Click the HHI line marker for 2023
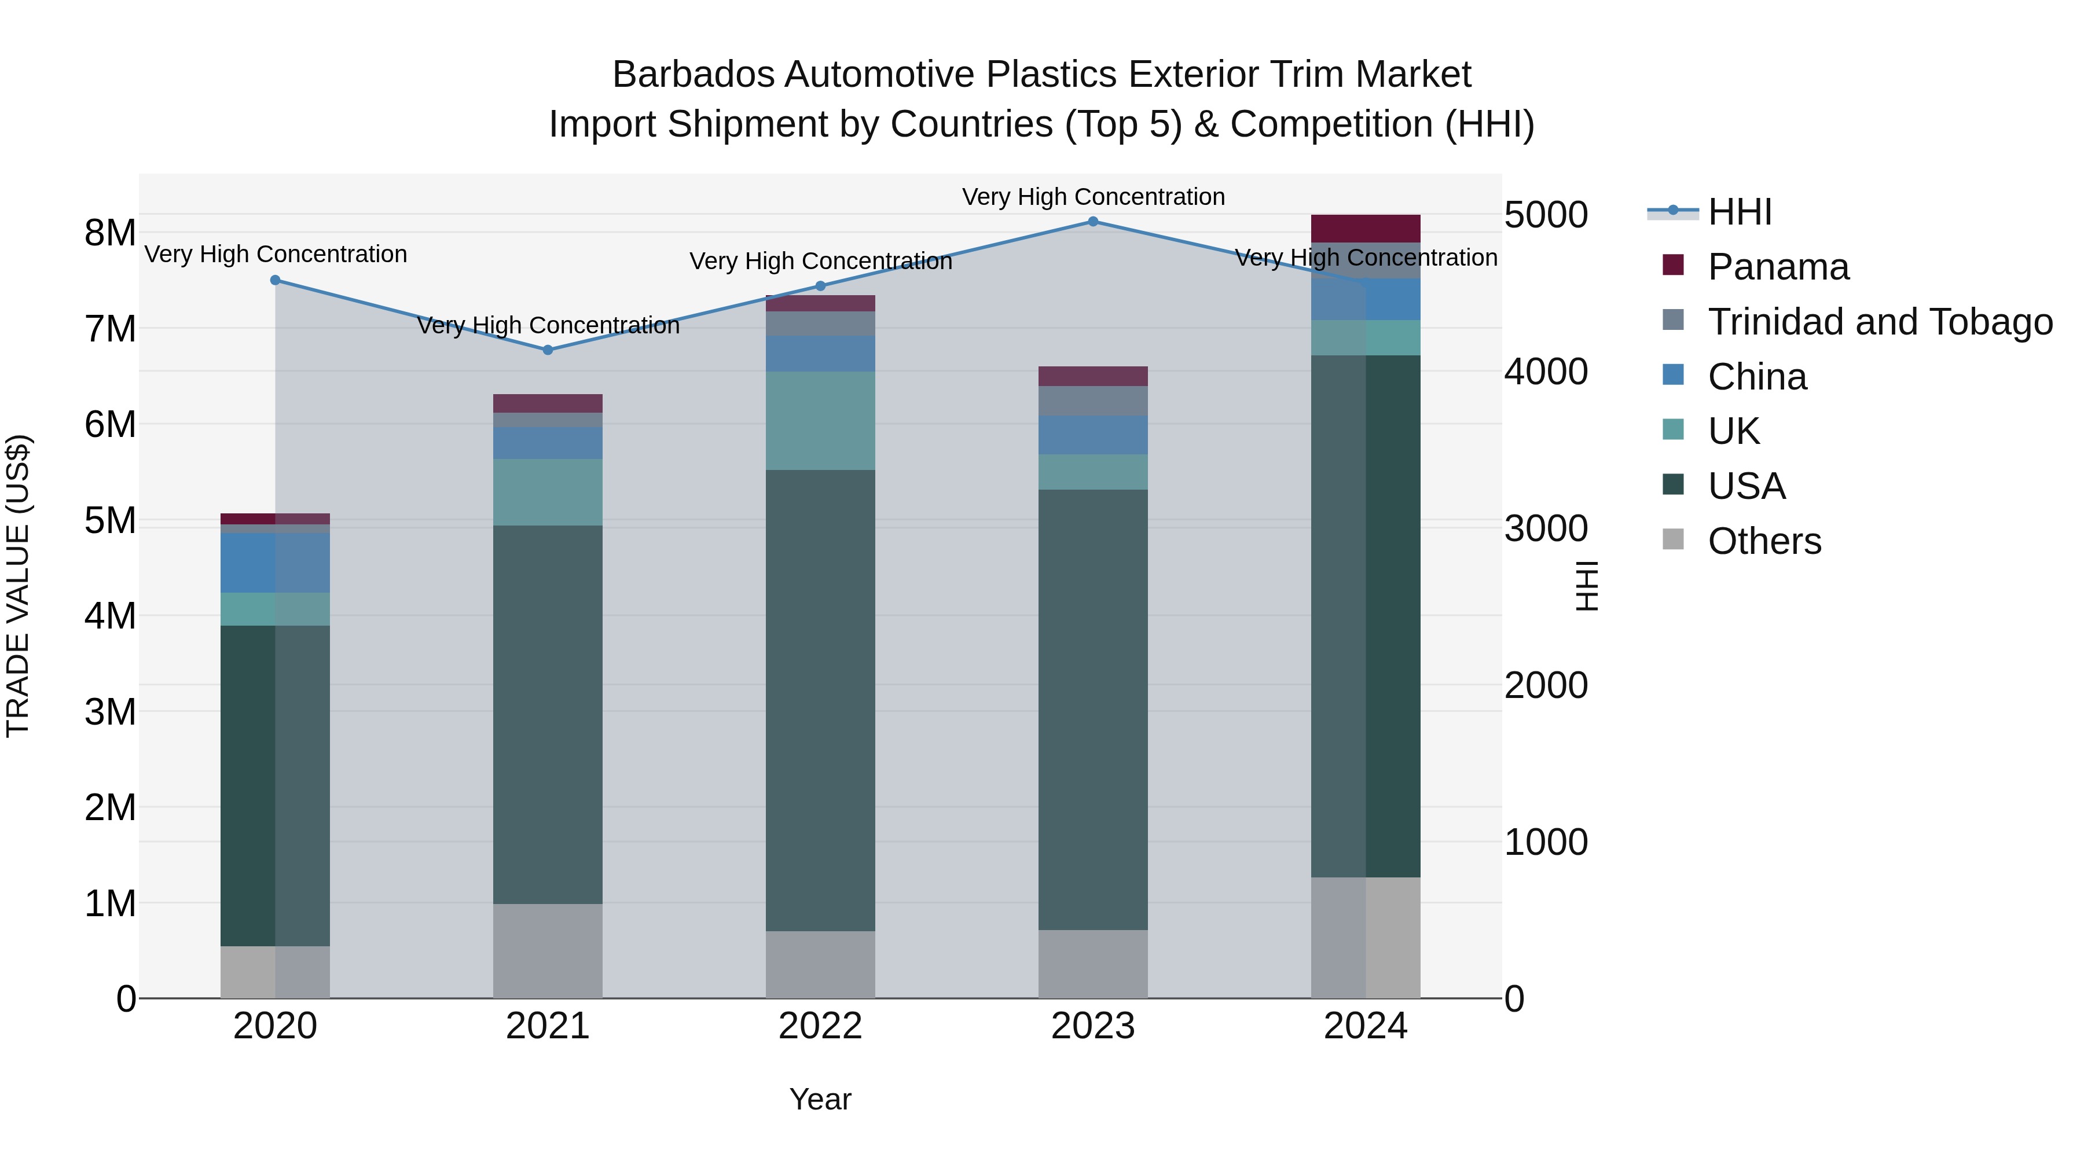pos(1093,222)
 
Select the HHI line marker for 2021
pos(548,350)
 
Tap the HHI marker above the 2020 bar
pos(275,281)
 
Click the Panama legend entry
pos(1777,267)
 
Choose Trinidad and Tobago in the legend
pos(1879,322)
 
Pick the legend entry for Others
pos(1764,541)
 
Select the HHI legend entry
pos(1740,212)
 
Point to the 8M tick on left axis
pos(110,233)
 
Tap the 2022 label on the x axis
pos(820,1026)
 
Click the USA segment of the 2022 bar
pos(820,700)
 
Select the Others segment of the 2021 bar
pos(548,950)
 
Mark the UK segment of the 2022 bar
pos(820,421)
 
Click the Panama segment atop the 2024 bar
pos(1366,228)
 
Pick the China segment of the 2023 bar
pos(1093,435)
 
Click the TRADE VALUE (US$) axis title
pos(19,586)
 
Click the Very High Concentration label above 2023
pos(1093,197)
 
